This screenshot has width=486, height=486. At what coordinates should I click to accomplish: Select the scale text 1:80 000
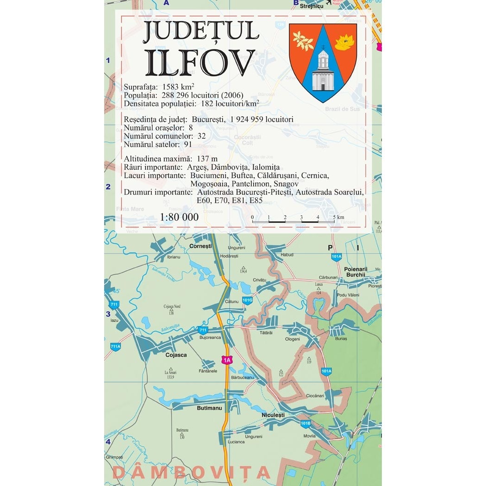point(179,217)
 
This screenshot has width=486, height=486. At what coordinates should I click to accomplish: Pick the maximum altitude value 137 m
point(206,159)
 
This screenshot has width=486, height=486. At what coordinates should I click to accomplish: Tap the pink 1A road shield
point(226,360)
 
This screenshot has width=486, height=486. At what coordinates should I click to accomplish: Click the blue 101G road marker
point(247,300)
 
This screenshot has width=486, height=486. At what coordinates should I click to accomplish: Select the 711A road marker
point(115,346)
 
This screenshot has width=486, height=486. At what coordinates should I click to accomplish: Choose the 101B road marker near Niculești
point(305,424)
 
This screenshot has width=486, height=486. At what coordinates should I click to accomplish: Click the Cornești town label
point(200,246)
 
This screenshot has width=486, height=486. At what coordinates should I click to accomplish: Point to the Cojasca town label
point(176,355)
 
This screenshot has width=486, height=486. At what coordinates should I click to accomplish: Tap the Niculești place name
point(273,415)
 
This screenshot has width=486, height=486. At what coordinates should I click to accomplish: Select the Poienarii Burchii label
point(355,272)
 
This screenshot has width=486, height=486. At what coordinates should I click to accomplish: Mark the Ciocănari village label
point(315,396)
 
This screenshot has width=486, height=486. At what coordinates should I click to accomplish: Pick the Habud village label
point(287,254)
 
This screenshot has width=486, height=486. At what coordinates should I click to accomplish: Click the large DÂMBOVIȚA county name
point(191,473)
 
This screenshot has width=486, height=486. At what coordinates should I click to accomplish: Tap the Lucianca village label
point(236,442)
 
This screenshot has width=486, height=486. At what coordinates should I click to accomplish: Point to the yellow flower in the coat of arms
point(344,42)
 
